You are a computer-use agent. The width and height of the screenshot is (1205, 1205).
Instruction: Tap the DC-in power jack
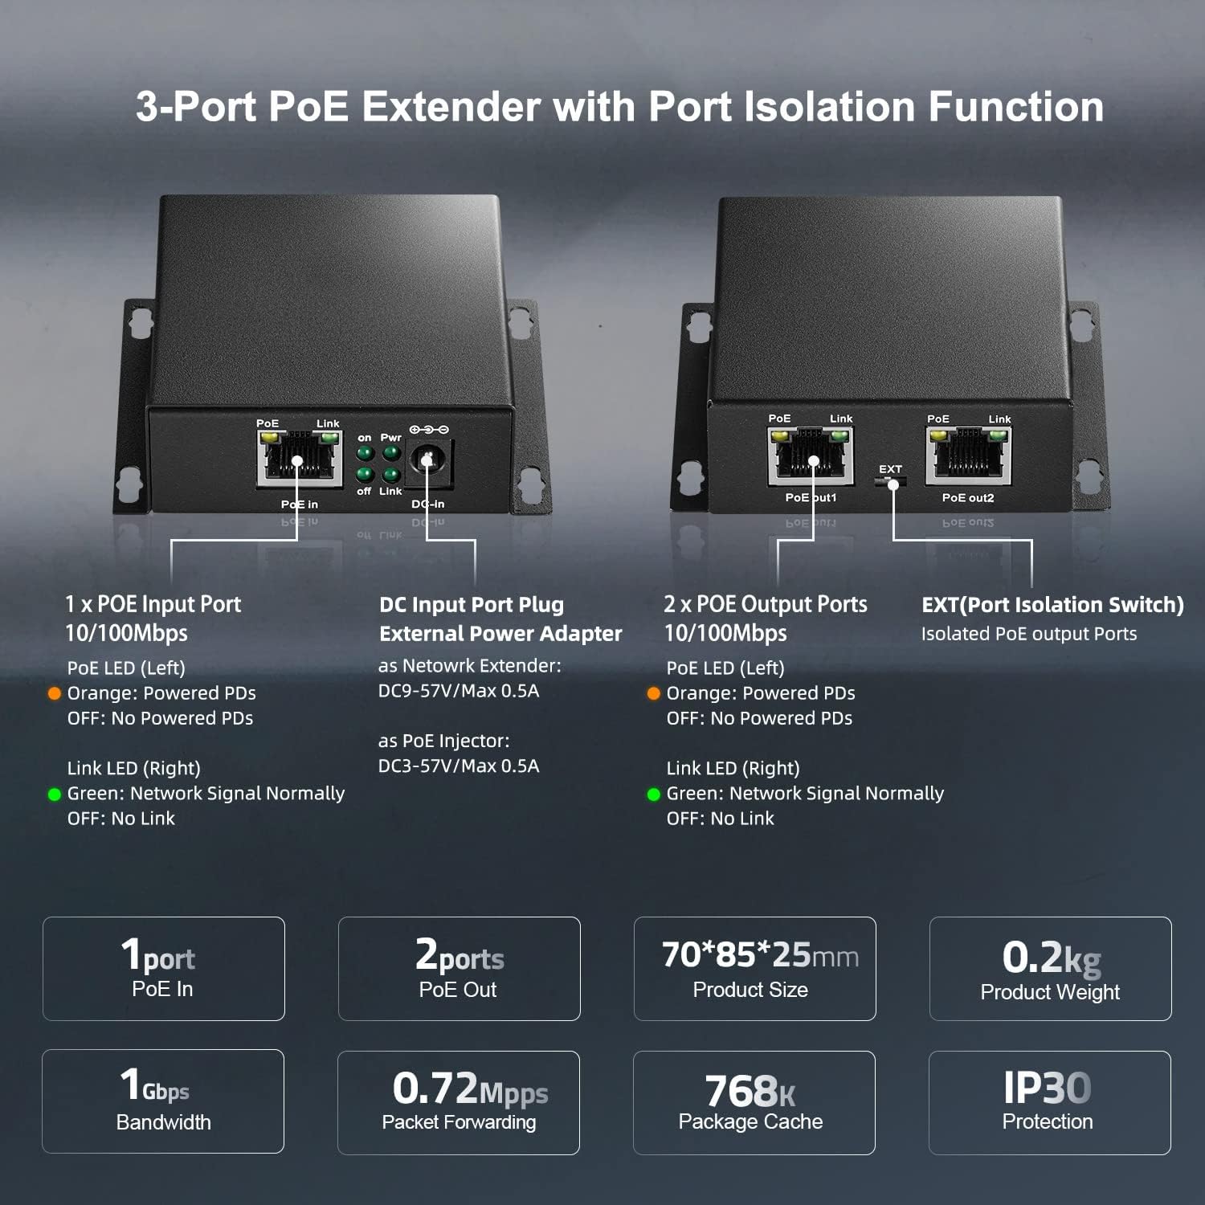coord(428,460)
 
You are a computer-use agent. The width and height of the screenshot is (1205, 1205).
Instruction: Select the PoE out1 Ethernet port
coord(810,457)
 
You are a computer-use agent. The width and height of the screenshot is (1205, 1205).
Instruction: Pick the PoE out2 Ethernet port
coord(968,457)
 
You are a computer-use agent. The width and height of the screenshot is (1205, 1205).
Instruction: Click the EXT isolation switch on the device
coord(890,482)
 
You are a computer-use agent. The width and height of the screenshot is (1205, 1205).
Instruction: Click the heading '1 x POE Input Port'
coord(153,604)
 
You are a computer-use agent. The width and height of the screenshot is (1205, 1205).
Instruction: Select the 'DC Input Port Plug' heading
coord(472,605)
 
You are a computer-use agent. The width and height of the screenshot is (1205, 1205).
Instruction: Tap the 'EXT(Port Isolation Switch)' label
coord(1052,605)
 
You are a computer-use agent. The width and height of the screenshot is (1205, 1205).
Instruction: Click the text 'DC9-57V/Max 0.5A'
coord(459,691)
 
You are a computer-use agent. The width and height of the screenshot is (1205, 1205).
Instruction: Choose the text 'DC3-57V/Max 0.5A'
coord(459,766)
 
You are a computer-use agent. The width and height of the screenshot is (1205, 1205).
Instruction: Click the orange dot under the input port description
coord(55,693)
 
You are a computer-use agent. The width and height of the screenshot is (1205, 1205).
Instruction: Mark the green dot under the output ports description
coord(654,794)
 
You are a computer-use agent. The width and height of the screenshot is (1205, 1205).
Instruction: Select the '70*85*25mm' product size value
coord(760,955)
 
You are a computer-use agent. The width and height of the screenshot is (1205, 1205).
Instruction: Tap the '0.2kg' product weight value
coord(1051,957)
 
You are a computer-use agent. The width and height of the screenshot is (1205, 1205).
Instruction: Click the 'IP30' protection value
coord(1048,1089)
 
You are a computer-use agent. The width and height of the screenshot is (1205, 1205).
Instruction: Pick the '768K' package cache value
coord(750,1091)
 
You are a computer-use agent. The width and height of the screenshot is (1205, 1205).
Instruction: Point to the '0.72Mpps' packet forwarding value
coord(470,1089)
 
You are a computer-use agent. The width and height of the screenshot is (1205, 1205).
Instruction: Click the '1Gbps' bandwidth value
coord(155,1085)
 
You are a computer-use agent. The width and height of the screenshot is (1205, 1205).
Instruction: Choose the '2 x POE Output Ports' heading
coord(766,604)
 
